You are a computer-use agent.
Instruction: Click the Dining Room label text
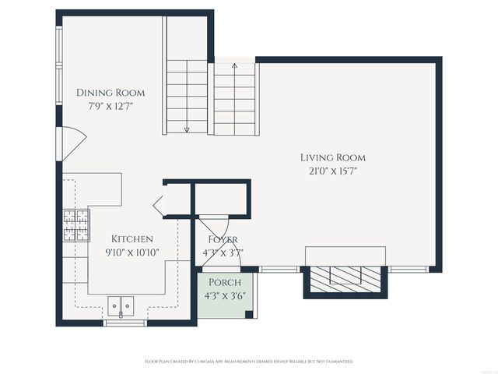(x=110, y=93)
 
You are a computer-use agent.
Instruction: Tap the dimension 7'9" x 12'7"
(x=110, y=106)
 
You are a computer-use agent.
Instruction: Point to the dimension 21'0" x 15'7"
(x=333, y=171)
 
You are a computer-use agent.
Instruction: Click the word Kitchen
(x=132, y=239)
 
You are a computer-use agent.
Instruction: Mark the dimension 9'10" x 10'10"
(x=132, y=252)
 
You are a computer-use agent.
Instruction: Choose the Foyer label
(x=223, y=239)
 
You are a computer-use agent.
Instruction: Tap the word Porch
(x=224, y=282)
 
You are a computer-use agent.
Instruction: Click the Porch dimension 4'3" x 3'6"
(x=224, y=295)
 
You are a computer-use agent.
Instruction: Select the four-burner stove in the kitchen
(x=75, y=224)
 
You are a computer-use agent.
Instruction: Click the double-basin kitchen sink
(x=121, y=305)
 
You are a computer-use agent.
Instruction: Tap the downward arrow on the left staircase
(x=187, y=130)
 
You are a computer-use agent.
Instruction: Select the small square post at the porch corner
(x=248, y=314)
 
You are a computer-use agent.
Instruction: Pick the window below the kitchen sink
(x=124, y=322)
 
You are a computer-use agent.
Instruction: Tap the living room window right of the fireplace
(x=408, y=270)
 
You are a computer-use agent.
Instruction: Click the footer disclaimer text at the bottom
(x=249, y=362)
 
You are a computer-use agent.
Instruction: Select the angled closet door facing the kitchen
(x=159, y=206)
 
